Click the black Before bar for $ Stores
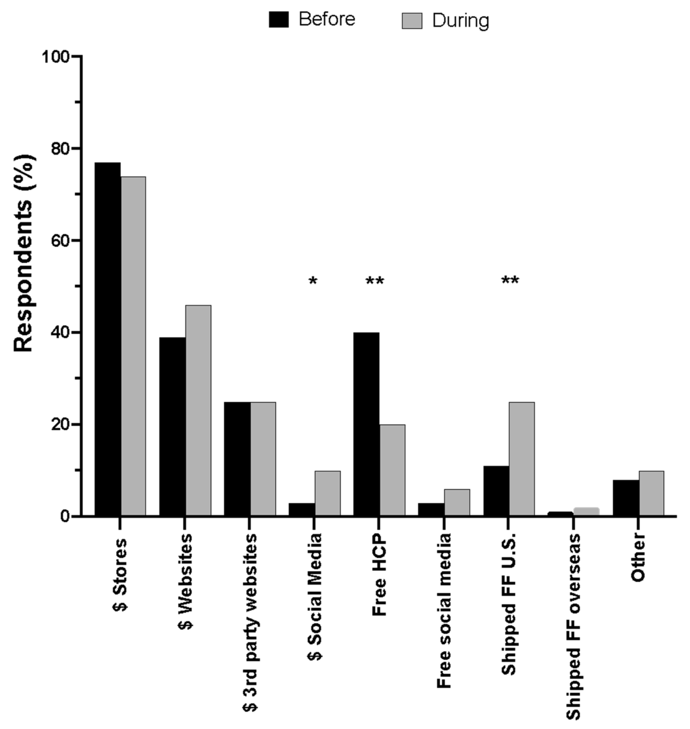107,338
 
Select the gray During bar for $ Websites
198,410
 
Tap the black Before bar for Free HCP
366,423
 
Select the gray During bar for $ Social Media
328,493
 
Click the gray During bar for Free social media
457,502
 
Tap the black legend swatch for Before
279,19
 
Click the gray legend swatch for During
412,21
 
